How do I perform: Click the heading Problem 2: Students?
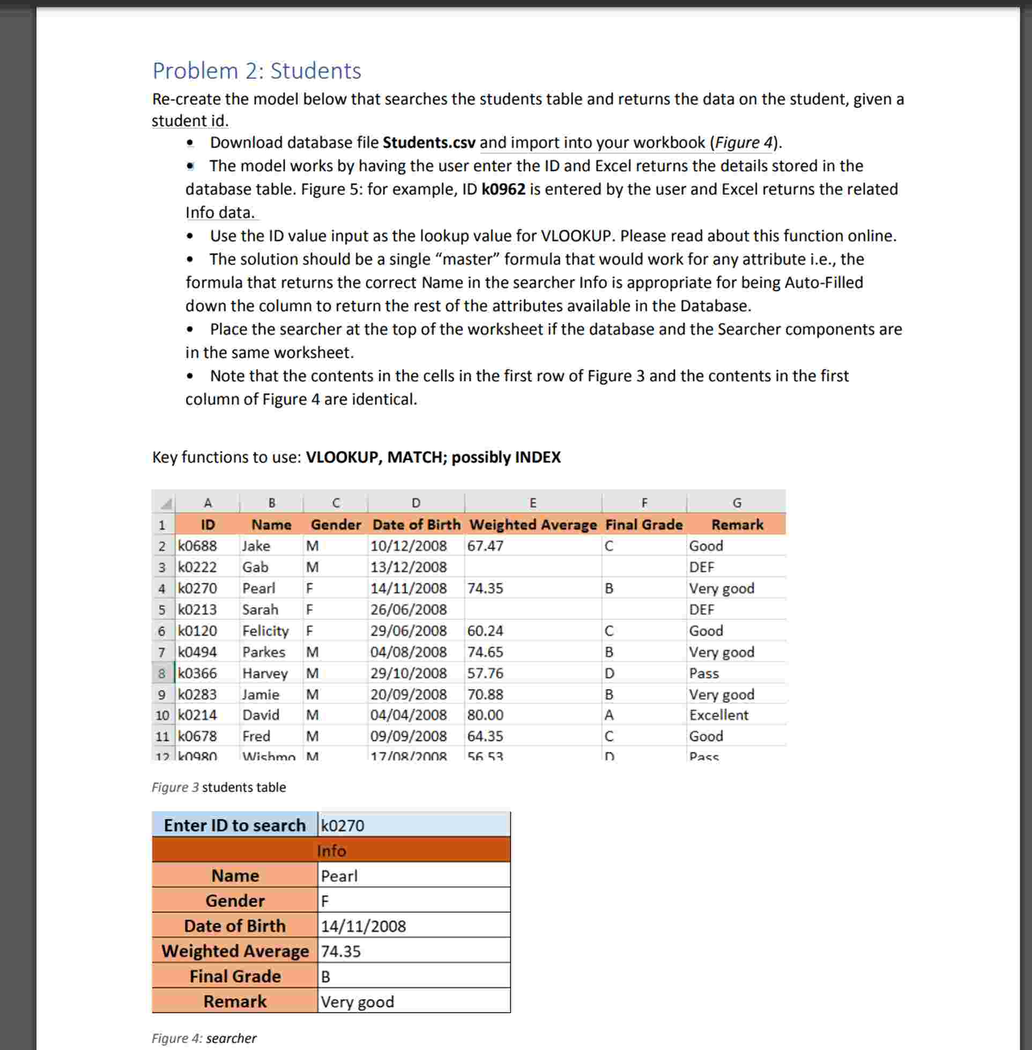pyautogui.click(x=256, y=71)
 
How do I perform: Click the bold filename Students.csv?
pyautogui.click(x=428, y=143)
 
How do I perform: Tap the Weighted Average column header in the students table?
pyautogui.click(x=532, y=524)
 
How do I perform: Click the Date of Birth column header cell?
pyautogui.click(x=415, y=524)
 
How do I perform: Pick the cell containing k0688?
pyautogui.click(x=197, y=546)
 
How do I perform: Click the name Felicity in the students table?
pyautogui.click(x=265, y=631)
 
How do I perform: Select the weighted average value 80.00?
pyautogui.click(x=485, y=715)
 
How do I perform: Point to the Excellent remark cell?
pyautogui.click(x=718, y=715)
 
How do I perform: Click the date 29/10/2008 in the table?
pyautogui.click(x=408, y=673)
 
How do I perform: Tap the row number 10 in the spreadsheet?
pyautogui.click(x=162, y=715)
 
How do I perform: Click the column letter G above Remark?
pyautogui.click(x=736, y=503)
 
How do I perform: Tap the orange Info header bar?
pyautogui.click(x=331, y=850)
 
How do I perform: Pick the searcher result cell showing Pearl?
pyautogui.click(x=413, y=876)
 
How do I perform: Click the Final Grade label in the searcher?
pyautogui.click(x=235, y=976)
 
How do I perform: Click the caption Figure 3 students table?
pyautogui.click(x=218, y=787)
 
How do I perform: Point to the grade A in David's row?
pyautogui.click(x=608, y=715)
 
